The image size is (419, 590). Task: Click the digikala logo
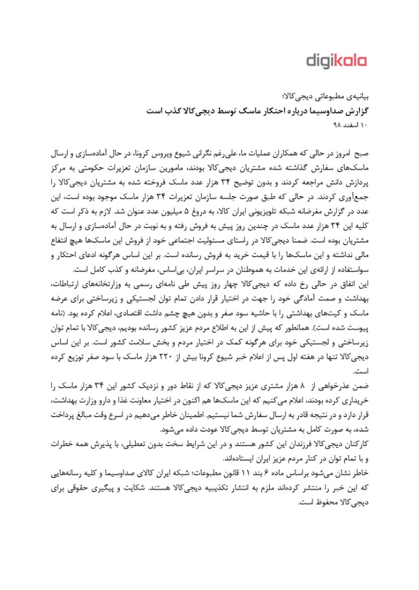pyautogui.click(x=336, y=61)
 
